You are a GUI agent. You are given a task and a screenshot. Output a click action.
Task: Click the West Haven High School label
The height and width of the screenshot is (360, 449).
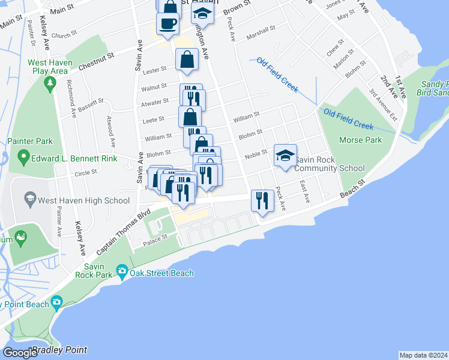83,201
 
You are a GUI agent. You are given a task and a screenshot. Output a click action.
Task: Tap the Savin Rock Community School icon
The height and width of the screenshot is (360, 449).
285,155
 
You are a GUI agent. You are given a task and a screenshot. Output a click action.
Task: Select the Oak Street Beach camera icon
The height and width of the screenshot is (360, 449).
122,273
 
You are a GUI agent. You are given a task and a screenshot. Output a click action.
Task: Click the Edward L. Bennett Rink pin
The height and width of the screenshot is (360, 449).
23,158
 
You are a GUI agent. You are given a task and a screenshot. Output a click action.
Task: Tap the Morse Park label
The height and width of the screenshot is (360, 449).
360,140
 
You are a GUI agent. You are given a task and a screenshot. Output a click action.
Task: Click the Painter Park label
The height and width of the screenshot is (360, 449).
30,141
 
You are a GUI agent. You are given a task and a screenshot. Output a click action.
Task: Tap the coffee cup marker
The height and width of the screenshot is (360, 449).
167,24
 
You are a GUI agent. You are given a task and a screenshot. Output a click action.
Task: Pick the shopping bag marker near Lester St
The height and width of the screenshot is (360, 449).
187,60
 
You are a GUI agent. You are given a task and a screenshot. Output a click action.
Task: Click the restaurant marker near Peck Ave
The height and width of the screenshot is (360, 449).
262,200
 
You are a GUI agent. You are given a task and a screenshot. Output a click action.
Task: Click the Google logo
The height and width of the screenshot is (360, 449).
20,352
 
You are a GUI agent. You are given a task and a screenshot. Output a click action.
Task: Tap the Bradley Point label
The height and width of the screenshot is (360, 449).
59,350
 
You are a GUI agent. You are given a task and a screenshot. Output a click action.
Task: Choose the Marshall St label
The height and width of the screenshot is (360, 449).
263,28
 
